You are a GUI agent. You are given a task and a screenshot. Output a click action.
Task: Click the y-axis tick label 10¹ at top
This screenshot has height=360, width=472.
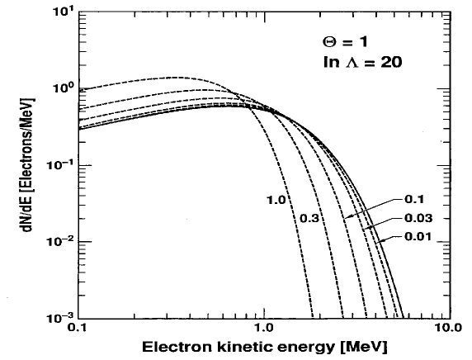click(x=63, y=13)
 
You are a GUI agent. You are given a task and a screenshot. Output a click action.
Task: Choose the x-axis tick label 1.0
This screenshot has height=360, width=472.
click(x=262, y=328)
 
